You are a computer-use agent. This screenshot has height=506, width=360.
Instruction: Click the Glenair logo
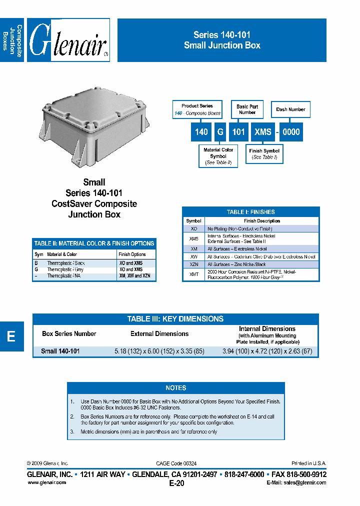tap(68, 40)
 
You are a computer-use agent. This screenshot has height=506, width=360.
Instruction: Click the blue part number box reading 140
tap(201, 131)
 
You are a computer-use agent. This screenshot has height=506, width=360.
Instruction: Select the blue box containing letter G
tap(220, 131)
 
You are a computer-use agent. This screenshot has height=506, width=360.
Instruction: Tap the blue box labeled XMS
tap(262, 131)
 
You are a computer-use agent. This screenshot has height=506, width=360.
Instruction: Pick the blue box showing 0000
tap(291, 131)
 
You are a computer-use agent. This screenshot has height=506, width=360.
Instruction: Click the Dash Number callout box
tap(290, 109)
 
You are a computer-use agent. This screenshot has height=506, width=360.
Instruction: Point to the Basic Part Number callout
tap(247, 109)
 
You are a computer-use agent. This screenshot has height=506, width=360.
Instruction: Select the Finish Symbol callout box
tap(264, 153)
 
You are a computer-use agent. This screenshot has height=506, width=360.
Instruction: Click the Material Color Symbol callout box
tap(218, 156)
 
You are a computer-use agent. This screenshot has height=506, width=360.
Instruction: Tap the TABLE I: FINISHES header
tap(250, 212)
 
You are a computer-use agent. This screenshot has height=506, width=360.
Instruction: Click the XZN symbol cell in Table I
tap(193, 264)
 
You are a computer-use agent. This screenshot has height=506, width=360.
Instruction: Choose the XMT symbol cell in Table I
tap(193, 274)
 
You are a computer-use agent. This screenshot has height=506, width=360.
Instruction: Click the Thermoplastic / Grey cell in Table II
tap(65, 269)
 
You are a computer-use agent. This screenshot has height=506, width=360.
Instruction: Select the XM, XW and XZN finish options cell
tap(134, 276)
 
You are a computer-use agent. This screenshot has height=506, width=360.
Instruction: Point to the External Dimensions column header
tap(159, 333)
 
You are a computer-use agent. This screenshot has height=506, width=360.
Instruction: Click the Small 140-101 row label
tap(60, 351)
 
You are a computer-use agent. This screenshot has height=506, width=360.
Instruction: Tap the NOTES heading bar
tap(175, 387)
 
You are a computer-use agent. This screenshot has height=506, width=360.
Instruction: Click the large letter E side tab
tap(11, 336)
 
